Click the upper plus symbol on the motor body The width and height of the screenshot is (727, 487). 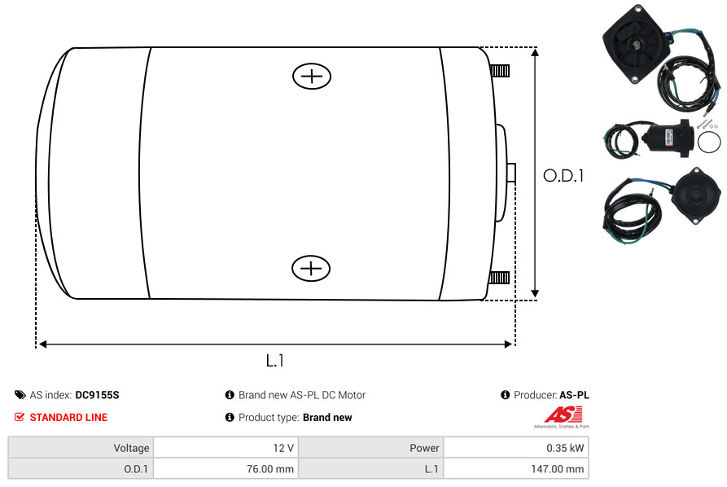click(312, 76)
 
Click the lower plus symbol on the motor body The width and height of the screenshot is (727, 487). click(311, 268)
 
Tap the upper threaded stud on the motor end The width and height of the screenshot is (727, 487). click(500, 71)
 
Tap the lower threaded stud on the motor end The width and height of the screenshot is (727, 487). click(499, 278)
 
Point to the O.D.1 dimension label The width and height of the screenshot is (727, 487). click(563, 176)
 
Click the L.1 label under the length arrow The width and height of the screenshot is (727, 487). click(275, 361)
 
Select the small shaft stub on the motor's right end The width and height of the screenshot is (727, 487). click(511, 173)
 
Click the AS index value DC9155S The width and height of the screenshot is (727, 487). click(98, 395)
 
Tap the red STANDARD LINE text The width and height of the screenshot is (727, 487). click(68, 418)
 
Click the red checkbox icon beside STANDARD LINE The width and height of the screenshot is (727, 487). click(20, 418)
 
